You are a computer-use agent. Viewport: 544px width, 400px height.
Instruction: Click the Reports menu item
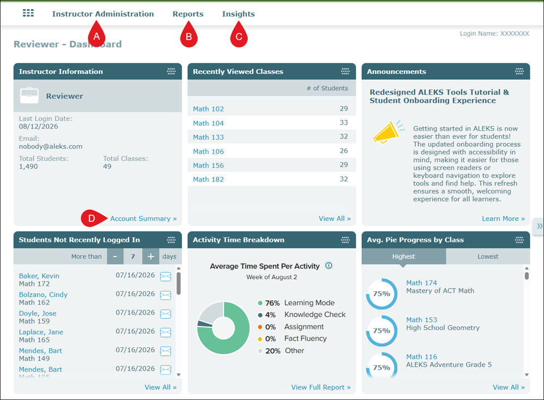tap(188, 14)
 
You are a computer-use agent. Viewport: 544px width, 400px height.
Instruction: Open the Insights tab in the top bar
tap(238, 14)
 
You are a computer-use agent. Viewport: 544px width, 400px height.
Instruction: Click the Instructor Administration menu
tap(103, 14)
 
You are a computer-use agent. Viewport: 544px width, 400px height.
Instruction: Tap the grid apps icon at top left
tap(28, 13)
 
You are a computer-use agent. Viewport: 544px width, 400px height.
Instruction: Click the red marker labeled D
tap(91, 218)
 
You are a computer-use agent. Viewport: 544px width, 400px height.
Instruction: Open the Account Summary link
tap(143, 218)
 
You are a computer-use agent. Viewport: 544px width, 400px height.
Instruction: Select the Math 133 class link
tap(208, 137)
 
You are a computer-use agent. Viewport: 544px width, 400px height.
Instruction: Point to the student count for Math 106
tap(343, 151)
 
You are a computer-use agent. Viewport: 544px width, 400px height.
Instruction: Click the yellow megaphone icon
tap(388, 132)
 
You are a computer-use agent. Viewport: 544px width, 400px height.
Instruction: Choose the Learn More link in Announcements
tap(503, 218)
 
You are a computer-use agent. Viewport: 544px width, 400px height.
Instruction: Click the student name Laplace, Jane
tap(41, 332)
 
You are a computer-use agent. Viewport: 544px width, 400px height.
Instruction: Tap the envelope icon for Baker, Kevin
tap(165, 277)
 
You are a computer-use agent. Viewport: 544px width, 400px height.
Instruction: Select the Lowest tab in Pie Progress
tap(488, 257)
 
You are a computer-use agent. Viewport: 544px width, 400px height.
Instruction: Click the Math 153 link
tap(422, 320)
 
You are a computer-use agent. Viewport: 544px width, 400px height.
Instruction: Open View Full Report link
tap(321, 387)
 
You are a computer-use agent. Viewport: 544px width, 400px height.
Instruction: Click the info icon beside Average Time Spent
tap(329, 266)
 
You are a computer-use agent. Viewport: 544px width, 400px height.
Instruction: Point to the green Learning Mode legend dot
tap(260, 303)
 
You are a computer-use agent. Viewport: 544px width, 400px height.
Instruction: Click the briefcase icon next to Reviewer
tap(29, 95)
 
